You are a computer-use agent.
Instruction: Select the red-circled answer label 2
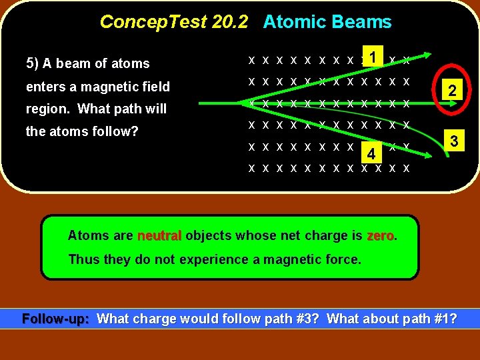tap(451, 91)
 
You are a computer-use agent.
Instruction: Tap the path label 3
tap(453, 141)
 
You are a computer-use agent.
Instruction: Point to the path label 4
tap(371, 155)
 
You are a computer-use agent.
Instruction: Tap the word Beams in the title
tap(364, 22)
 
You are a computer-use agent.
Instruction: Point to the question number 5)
tap(32, 64)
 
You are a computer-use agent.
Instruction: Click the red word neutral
tap(159, 235)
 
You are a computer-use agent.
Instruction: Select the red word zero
tap(381, 235)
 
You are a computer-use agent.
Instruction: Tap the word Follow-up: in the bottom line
tap(56, 319)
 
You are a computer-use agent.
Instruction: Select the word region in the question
tap(47, 109)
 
